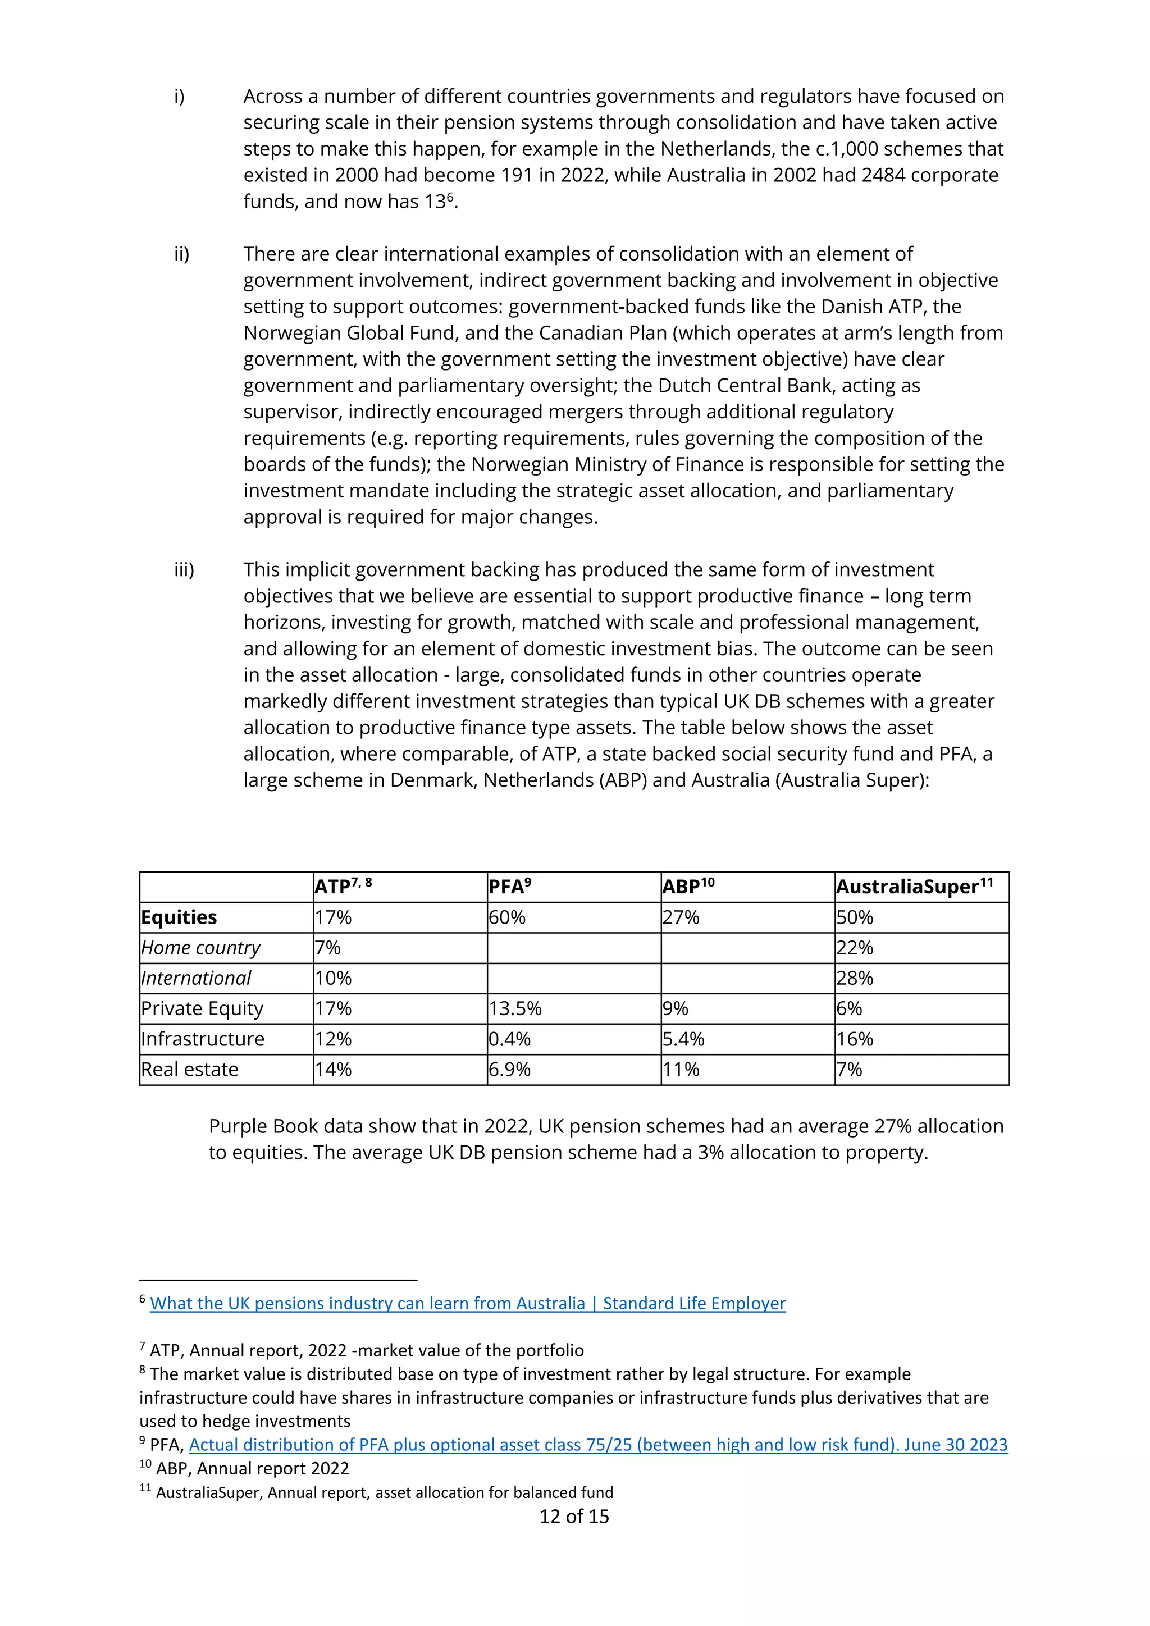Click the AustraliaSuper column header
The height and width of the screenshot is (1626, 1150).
[914, 887]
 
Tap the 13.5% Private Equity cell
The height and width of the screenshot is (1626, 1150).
[515, 1008]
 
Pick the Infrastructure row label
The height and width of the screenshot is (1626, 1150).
[203, 1039]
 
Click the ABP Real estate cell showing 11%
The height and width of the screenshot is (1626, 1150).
[681, 1070]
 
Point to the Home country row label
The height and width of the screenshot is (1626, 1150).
[200, 948]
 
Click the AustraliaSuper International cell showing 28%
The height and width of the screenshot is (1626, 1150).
[855, 978]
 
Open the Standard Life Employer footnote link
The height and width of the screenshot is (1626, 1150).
[467, 1303]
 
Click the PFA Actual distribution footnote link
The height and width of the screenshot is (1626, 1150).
[597, 1445]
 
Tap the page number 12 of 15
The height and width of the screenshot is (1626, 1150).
[573, 1516]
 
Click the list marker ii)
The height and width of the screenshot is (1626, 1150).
[182, 254]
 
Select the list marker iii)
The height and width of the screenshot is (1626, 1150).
[184, 569]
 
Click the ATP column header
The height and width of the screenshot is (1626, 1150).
[343, 887]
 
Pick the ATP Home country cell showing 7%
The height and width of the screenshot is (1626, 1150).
[328, 948]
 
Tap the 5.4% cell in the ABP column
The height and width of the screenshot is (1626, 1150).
[683, 1039]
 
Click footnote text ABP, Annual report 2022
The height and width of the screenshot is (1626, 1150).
[252, 1468]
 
